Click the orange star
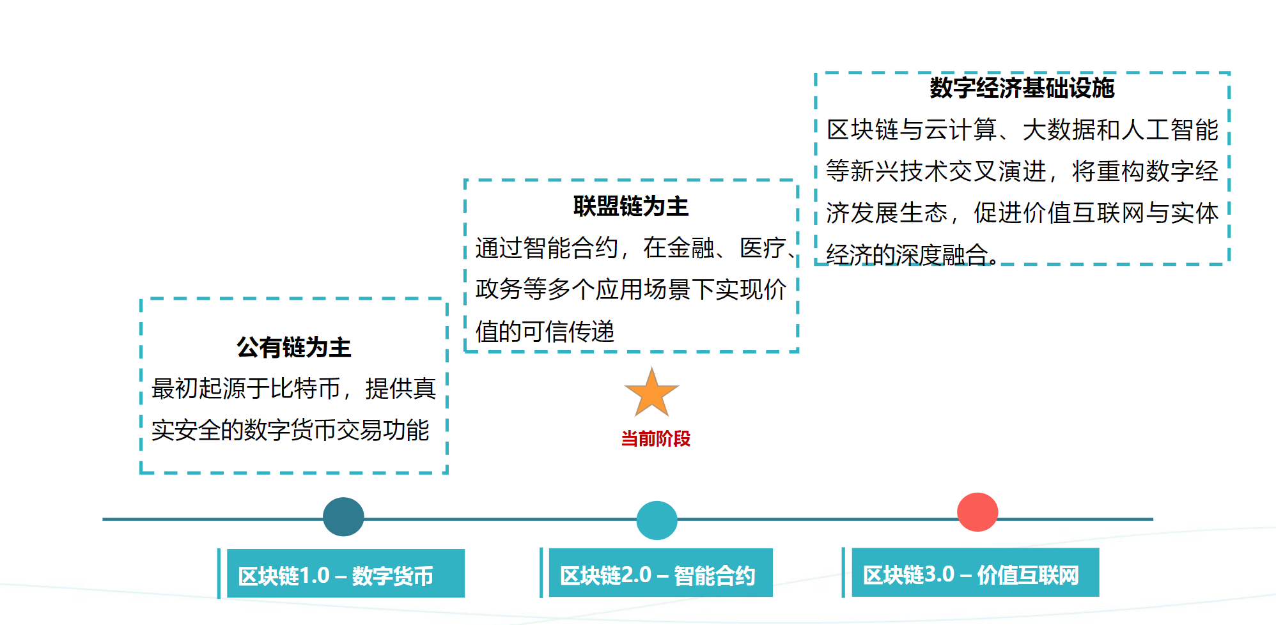pos(651,393)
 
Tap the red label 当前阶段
pos(655,439)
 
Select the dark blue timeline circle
pos(343,517)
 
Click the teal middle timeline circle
pos(657,520)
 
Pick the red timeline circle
pos(977,512)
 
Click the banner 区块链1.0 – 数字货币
pos(345,575)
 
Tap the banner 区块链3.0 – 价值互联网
pos(974,574)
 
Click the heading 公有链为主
pos(293,348)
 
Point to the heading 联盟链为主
pos(630,206)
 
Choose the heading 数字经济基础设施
pos(1022,88)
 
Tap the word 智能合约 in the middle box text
pos(570,248)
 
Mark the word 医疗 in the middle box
pos(763,248)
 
